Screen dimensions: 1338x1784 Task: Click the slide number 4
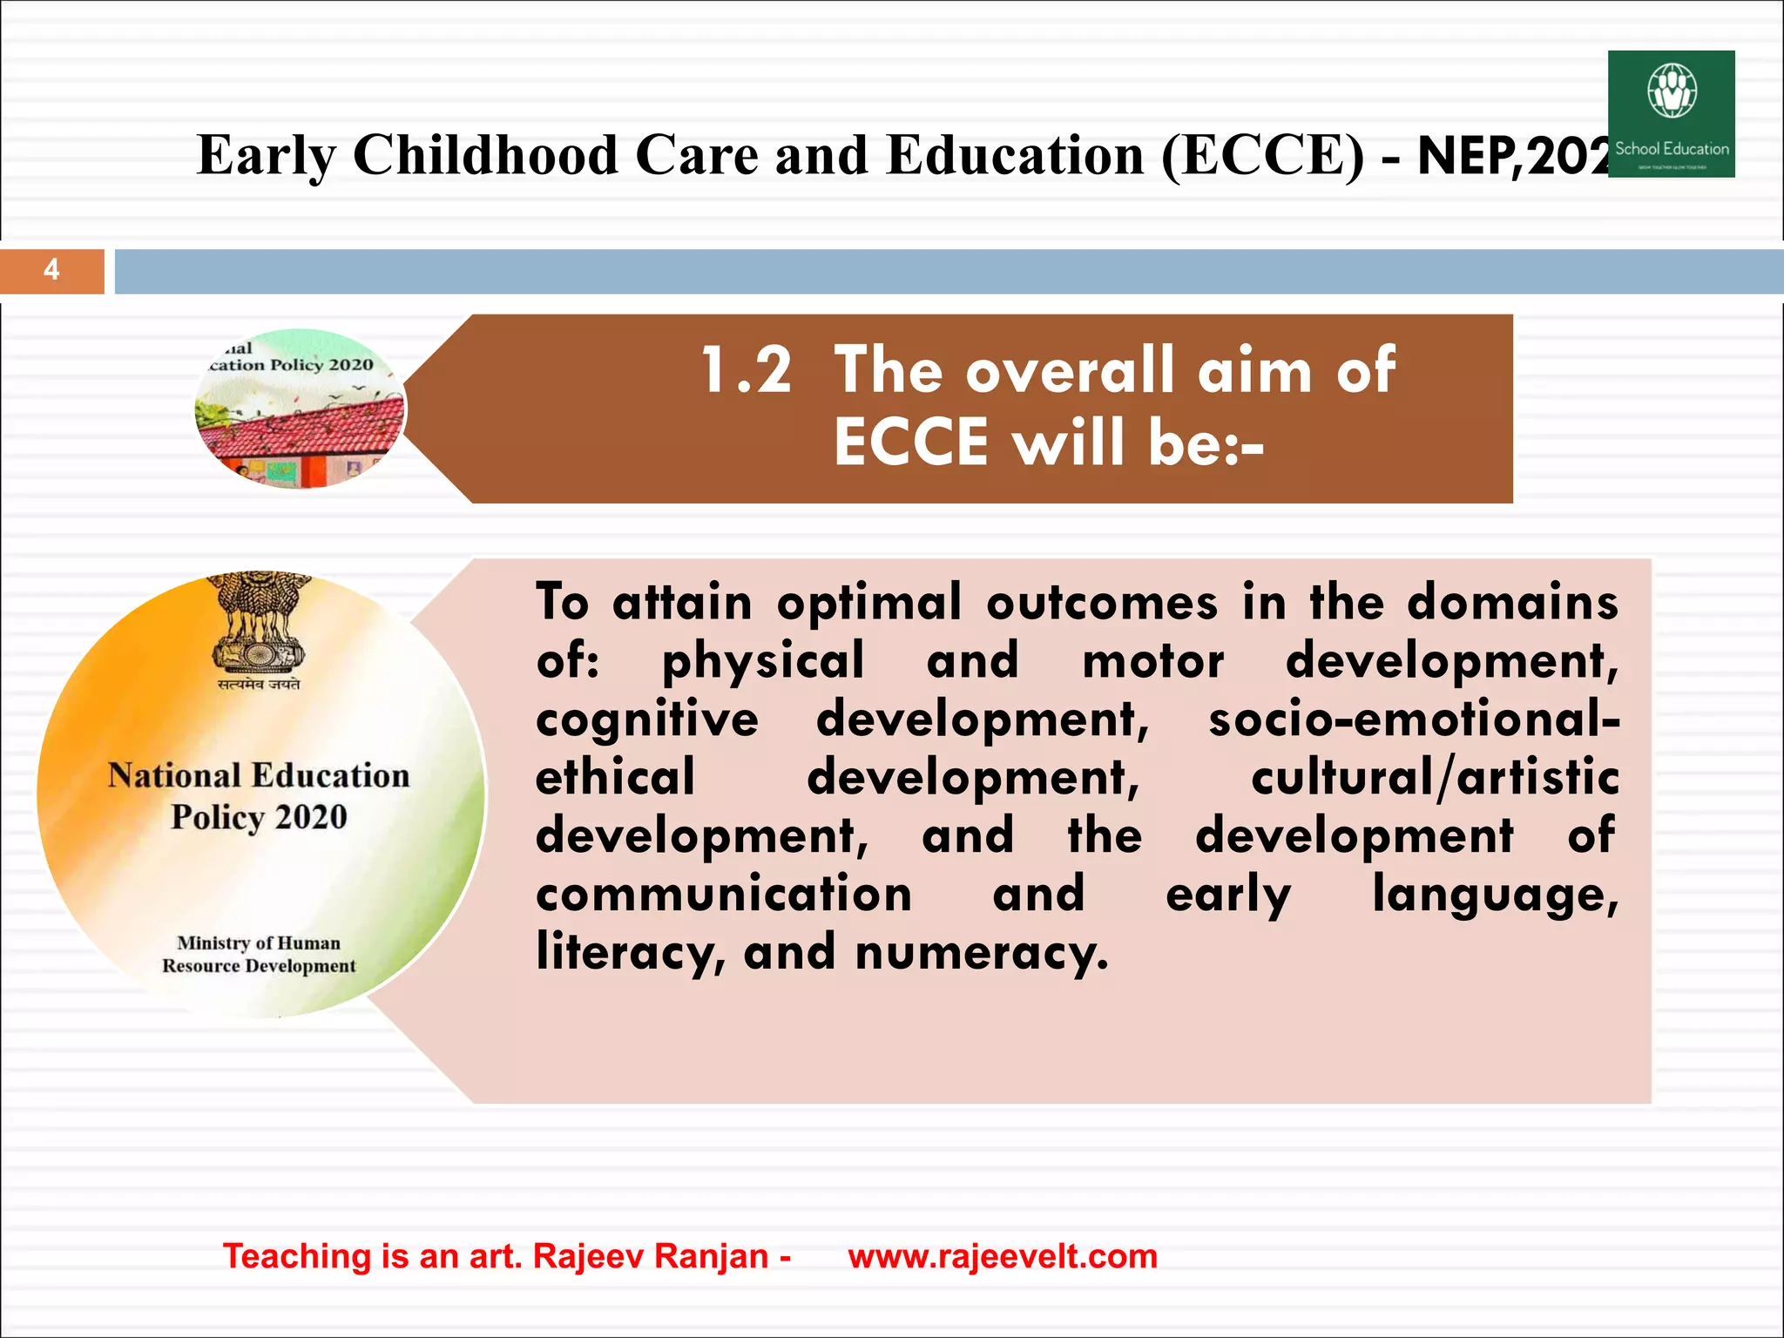pyautogui.click(x=51, y=270)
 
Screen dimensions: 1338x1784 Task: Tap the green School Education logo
pyautogui.click(x=1671, y=114)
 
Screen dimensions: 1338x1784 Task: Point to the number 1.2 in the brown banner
pyautogui.click(x=747, y=370)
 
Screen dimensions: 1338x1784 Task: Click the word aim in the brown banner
pyautogui.click(x=1254, y=370)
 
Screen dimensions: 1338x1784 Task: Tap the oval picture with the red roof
pyautogui.click(x=301, y=409)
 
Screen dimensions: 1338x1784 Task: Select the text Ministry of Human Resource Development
pyautogui.click(x=259, y=954)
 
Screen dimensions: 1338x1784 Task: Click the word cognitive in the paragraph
pyautogui.click(x=647, y=720)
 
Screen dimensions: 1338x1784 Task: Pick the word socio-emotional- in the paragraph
pyautogui.click(x=1414, y=720)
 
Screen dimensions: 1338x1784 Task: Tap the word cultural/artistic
pyautogui.click(x=1435, y=778)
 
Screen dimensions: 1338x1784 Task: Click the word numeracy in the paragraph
pyautogui.click(x=981, y=953)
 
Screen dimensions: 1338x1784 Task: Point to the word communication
pyautogui.click(x=724, y=895)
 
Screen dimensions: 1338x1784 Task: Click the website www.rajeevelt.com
pyautogui.click(x=1003, y=1256)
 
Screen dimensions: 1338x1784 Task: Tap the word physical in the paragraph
pyautogui.click(x=763, y=662)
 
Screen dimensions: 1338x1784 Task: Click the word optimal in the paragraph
pyautogui.click(x=869, y=603)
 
